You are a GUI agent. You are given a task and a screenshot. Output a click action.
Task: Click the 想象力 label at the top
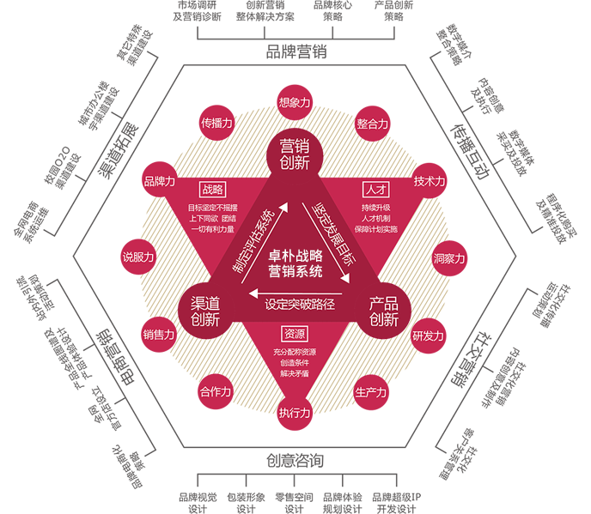295,102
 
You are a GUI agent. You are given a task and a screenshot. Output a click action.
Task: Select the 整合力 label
372,124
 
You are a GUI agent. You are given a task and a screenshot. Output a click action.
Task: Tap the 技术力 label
430,181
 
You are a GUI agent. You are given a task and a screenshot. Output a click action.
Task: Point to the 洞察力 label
448,258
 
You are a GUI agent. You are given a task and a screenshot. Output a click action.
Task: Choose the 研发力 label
428,336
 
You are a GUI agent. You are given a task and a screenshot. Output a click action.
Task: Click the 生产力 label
370,392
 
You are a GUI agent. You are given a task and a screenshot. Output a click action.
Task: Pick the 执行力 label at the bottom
295,413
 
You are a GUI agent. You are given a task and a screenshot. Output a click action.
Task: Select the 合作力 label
216,392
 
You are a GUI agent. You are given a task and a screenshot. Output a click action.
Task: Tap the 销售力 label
159,335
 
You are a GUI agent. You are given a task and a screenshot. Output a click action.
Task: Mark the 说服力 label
138,257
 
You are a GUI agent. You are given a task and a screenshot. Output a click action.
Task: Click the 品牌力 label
160,181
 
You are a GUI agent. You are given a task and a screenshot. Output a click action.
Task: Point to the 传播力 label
216,123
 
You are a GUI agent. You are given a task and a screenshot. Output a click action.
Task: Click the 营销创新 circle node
295,154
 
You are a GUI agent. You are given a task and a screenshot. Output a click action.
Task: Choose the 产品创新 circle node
384,311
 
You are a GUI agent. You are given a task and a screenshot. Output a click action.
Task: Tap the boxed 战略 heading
211,189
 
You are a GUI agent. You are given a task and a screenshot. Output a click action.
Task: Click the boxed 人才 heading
375,189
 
